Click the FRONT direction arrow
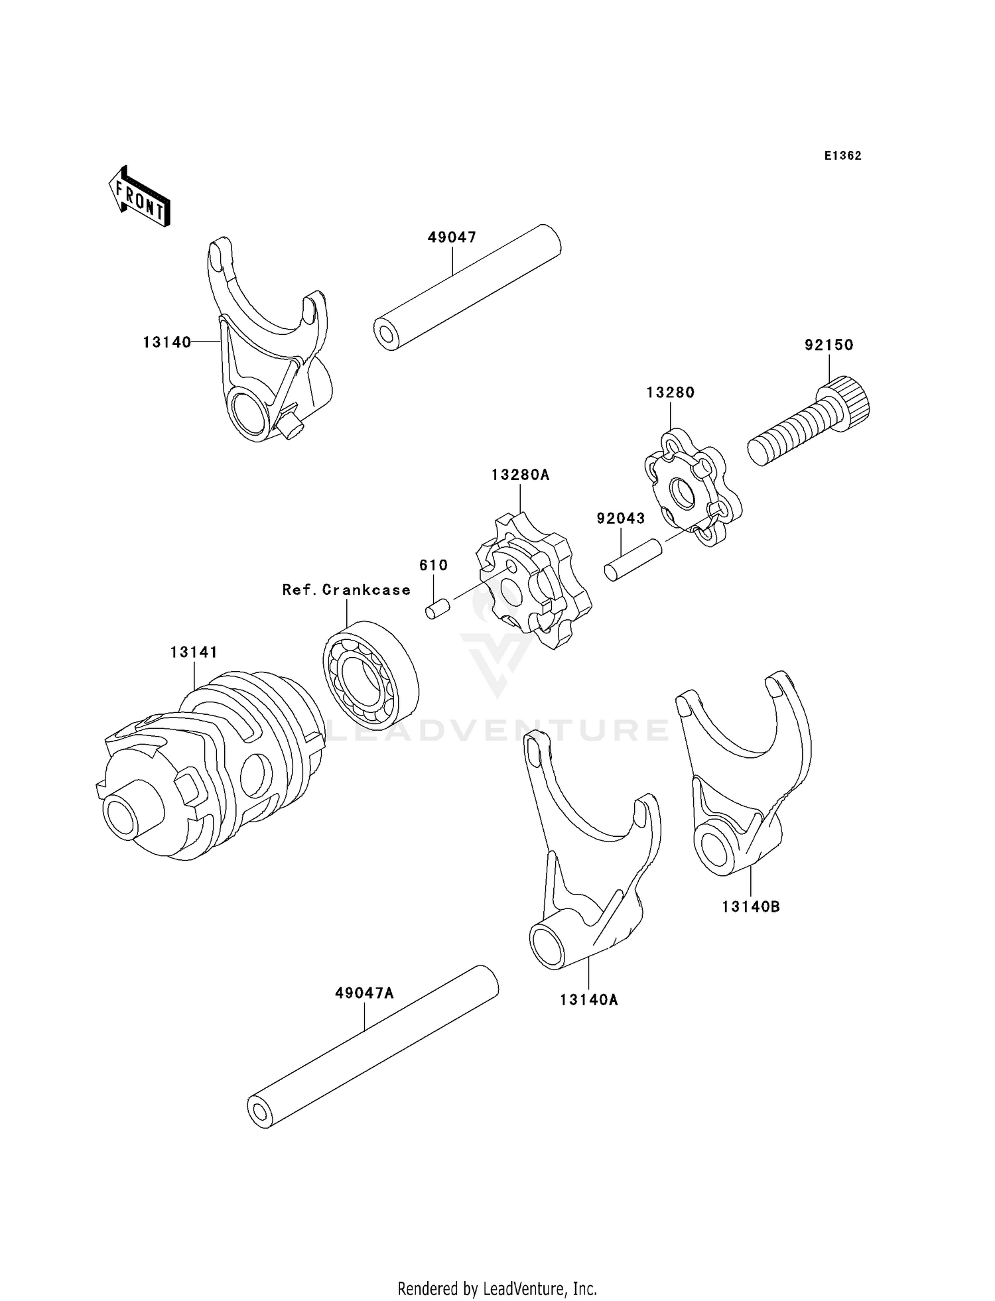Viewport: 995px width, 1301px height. point(140,198)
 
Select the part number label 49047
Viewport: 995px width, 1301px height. point(452,237)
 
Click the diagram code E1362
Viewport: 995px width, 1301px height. point(842,156)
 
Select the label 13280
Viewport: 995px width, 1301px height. point(671,393)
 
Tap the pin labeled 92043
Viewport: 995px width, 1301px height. point(633,560)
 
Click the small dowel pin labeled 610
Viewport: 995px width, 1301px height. point(437,608)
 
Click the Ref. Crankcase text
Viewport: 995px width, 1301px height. point(346,589)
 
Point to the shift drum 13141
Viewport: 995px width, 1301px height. point(212,769)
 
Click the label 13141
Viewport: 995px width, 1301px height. point(194,652)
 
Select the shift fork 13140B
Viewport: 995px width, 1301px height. point(746,782)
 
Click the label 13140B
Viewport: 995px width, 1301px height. point(751,906)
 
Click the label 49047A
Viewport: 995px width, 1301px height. point(364,993)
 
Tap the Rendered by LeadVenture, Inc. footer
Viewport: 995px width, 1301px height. point(497,1288)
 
